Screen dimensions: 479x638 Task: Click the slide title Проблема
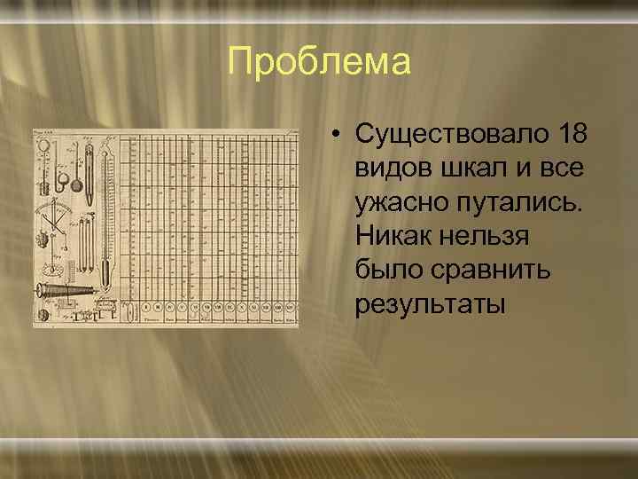click(319, 63)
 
